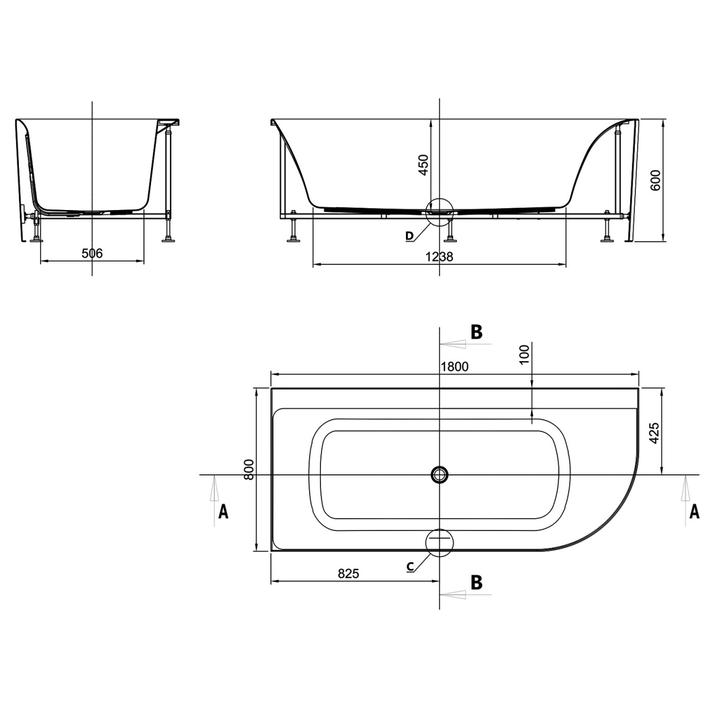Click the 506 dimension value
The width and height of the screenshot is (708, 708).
92,253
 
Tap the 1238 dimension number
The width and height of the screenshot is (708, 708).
439,257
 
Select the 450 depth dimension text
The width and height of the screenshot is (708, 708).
424,165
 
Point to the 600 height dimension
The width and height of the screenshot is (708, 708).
655,180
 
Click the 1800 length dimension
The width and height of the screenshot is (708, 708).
454,366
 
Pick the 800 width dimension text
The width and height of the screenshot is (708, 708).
249,469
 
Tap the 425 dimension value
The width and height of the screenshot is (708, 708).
654,433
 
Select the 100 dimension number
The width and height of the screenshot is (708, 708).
525,354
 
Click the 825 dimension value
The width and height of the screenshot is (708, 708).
348,573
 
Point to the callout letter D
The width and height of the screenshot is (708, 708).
409,236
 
